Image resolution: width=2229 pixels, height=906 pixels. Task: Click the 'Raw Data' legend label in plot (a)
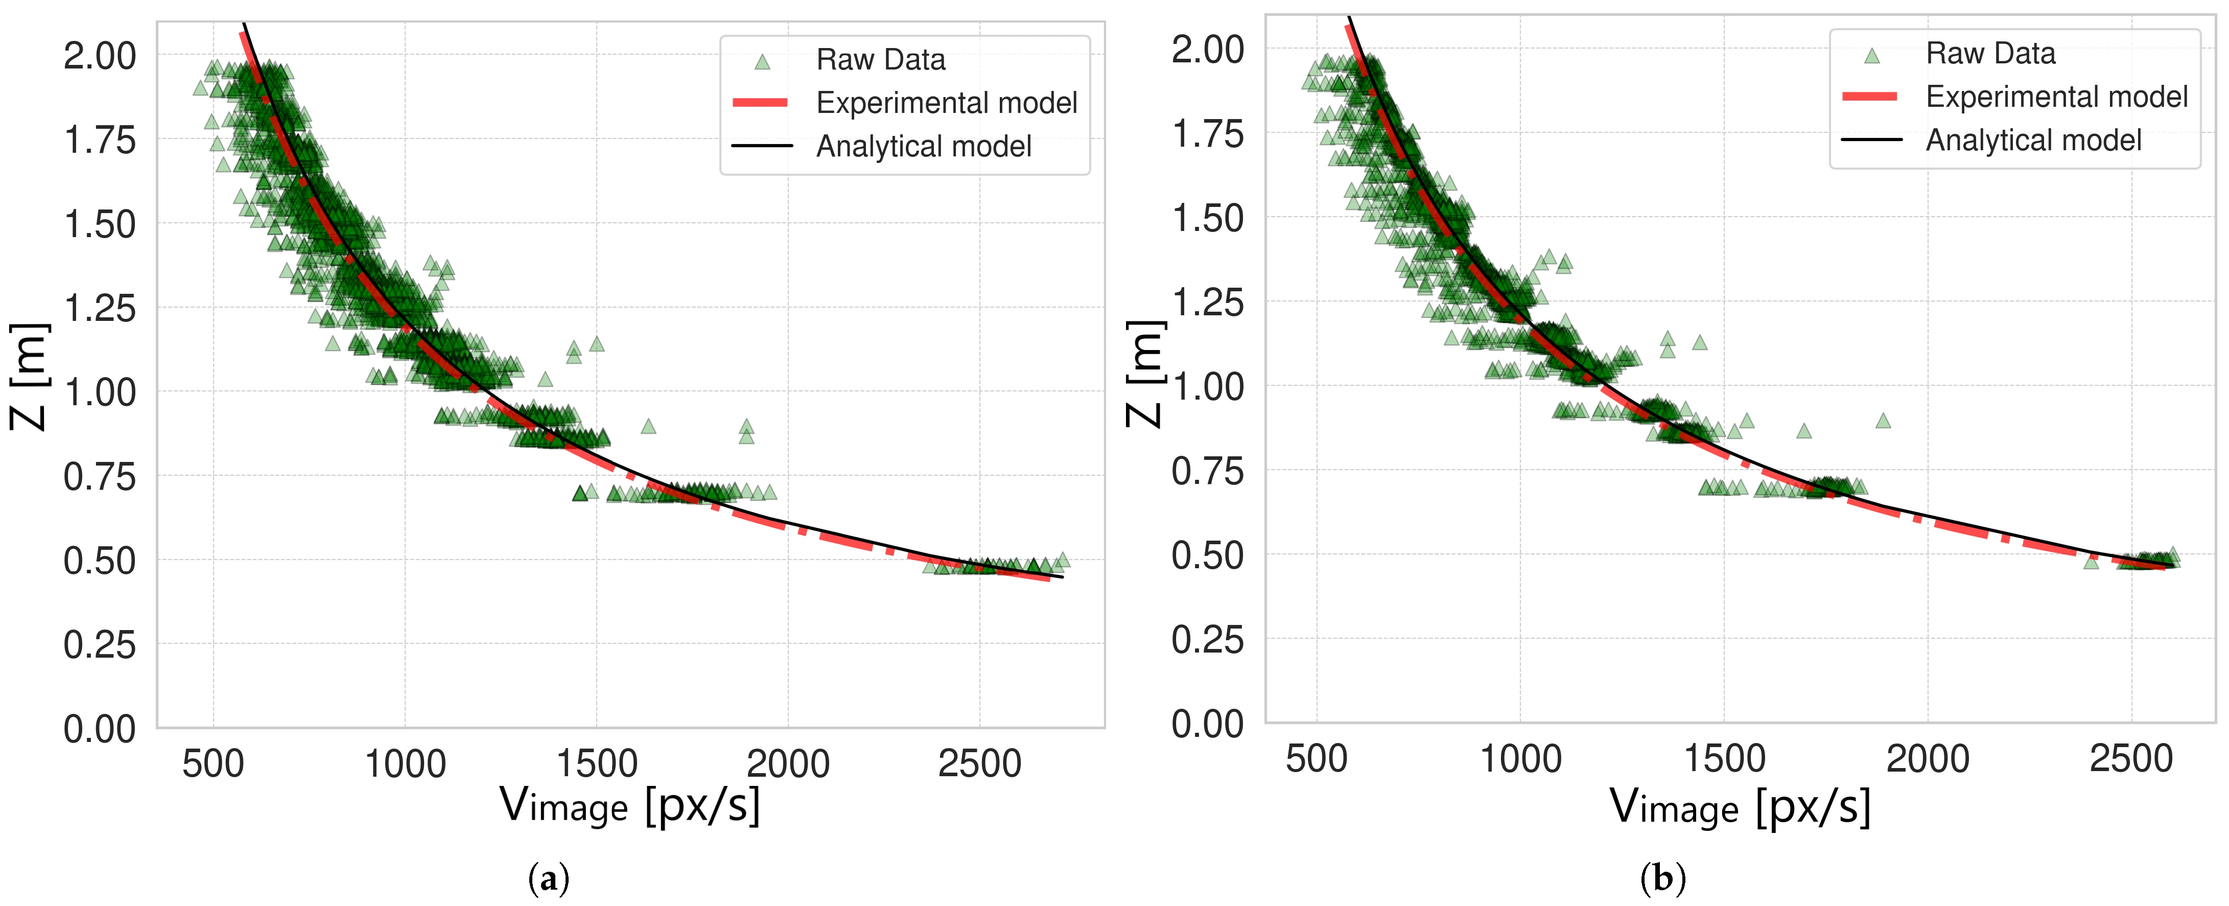click(880, 60)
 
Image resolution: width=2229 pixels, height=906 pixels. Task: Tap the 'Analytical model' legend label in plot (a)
click(923, 146)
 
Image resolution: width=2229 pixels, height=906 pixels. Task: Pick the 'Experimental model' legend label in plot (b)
click(2056, 97)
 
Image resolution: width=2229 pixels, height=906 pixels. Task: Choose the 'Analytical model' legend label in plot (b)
click(2033, 140)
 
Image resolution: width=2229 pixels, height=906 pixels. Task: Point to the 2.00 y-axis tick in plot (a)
click(100, 56)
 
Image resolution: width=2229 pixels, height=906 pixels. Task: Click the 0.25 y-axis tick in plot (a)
click(100, 645)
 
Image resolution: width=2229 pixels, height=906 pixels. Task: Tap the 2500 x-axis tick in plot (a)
click(979, 764)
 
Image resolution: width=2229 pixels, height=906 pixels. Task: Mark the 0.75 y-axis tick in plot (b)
click(1207, 472)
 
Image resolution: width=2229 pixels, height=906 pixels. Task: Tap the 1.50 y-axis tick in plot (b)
click(1207, 218)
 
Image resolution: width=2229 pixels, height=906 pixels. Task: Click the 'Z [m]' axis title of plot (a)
click(29, 377)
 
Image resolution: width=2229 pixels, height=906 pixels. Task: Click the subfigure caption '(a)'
click(549, 879)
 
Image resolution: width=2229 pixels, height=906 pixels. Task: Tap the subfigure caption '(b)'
click(1662, 879)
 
